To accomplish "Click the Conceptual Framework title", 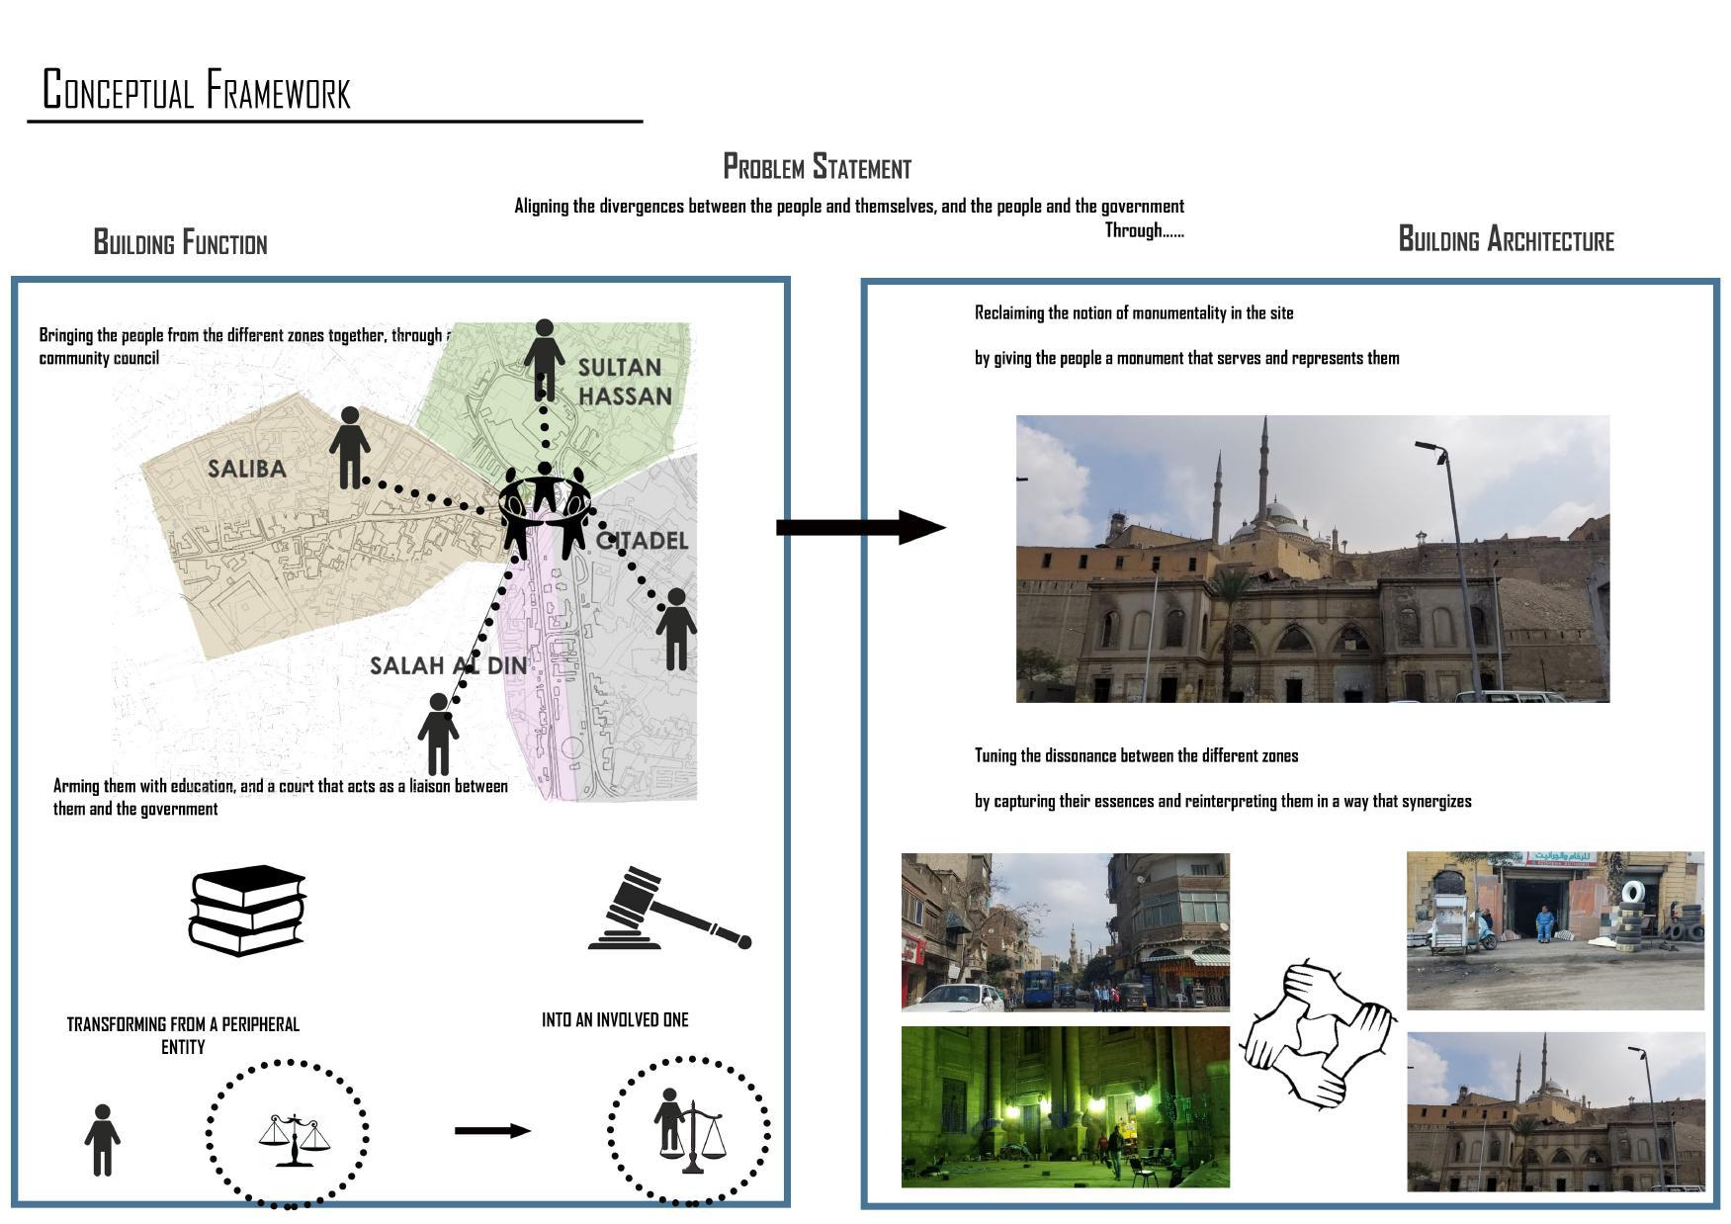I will (x=197, y=90).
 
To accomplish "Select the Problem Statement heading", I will (x=817, y=167).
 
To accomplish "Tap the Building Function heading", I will (x=180, y=242).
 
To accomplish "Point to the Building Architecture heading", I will (x=1505, y=239).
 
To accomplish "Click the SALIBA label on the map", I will (x=247, y=469).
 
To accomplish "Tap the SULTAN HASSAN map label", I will (x=624, y=382).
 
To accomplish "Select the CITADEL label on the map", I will (x=644, y=541).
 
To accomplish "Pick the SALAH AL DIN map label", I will (x=448, y=665).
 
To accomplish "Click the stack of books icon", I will (x=247, y=911).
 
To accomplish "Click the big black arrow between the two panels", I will (x=859, y=527).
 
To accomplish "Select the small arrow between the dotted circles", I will (x=492, y=1130).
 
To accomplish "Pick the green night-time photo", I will (x=1065, y=1106).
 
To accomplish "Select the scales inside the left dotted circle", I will (x=294, y=1140).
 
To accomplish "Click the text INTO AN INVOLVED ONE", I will (x=615, y=1019).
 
